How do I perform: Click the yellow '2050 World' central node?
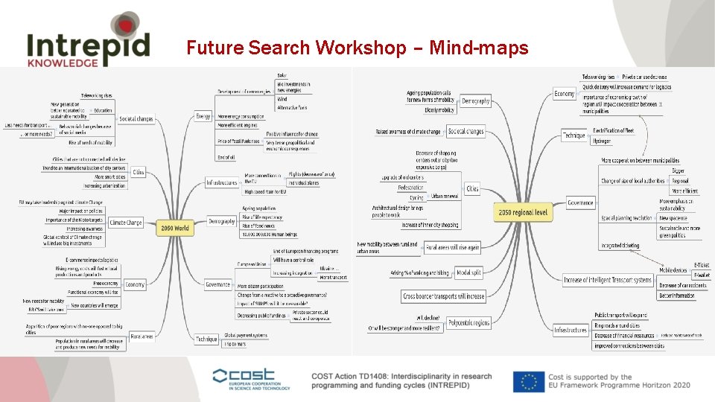175,228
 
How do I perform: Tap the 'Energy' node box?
203,116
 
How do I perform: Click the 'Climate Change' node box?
125,222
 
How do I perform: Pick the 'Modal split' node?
468,272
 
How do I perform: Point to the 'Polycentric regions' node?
468,322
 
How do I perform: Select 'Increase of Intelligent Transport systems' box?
608,280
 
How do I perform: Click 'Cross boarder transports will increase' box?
444,296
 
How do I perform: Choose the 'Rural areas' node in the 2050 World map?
142,336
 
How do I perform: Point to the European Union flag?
529,380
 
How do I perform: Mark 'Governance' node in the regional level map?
580,202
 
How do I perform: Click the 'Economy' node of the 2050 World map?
135,284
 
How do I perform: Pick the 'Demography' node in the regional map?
476,100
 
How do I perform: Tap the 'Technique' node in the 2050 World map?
206,339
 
